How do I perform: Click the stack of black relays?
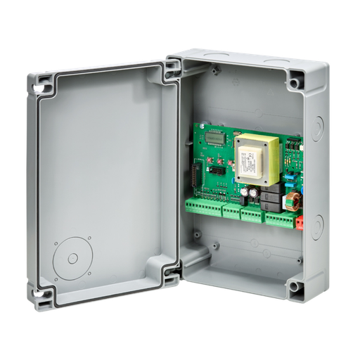click(x=270, y=200)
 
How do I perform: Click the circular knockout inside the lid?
click(x=72, y=257)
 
